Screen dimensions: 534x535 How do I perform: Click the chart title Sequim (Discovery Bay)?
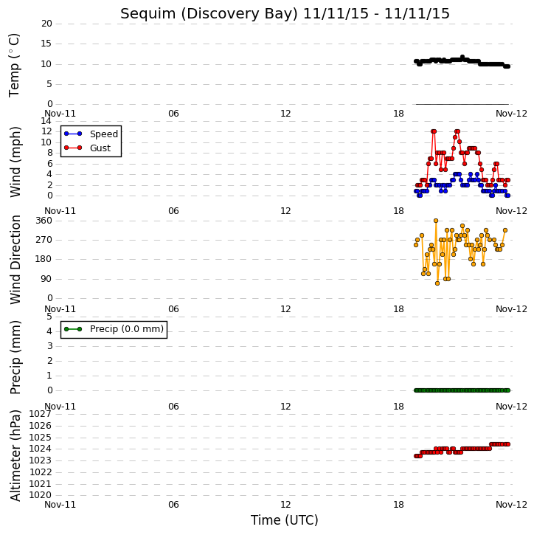point(209,14)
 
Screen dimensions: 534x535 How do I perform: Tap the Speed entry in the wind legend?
point(104,134)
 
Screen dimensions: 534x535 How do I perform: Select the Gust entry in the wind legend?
point(100,148)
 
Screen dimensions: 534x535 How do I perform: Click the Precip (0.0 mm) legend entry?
point(127,329)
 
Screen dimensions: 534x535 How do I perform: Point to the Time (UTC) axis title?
point(285,520)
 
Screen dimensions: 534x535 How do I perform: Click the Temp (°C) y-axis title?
point(14,65)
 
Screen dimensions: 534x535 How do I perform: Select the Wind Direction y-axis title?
point(15,260)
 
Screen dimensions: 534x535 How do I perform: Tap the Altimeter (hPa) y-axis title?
point(15,455)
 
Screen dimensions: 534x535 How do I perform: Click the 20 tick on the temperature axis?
point(46,24)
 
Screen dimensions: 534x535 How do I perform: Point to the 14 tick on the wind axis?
point(46,121)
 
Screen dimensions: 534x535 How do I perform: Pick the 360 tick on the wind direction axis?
point(44,221)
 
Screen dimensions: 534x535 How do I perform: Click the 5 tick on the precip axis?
point(49,317)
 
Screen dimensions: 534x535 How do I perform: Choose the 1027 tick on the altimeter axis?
point(41,414)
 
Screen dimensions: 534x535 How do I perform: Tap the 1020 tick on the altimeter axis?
point(41,495)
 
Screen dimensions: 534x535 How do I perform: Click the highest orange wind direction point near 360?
point(436,221)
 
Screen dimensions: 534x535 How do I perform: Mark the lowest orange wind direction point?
point(437,283)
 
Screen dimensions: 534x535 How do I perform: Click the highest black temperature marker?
point(462,57)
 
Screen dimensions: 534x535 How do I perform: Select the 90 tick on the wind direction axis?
point(46,279)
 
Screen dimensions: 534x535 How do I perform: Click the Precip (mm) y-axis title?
point(15,357)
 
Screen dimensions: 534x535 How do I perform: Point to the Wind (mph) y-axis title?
point(15,162)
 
